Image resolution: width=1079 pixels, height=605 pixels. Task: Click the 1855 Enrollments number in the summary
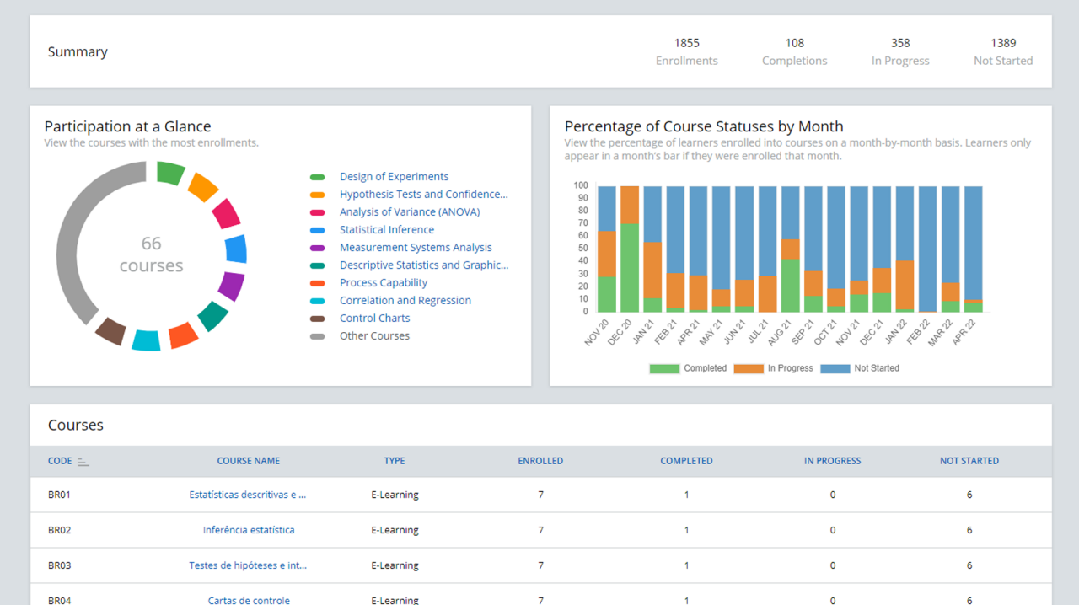(x=686, y=43)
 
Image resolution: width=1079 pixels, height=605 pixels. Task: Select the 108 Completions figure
(x=794, y=43)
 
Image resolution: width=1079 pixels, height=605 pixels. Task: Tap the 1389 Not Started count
(x=1002, y=43)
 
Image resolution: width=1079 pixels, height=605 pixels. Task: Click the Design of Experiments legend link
(x=394, y=177)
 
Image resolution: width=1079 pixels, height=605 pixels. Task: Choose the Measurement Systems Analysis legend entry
(x=416, y=248)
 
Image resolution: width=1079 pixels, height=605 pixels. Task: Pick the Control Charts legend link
(x=374, y=319)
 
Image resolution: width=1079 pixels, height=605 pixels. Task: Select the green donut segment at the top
(x=169, y=173)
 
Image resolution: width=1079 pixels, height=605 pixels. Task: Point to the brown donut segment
(x=110, y=330)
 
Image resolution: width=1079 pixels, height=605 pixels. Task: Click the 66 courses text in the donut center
(x=151, y=254)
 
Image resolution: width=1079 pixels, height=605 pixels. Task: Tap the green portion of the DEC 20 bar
(x=630, y=268)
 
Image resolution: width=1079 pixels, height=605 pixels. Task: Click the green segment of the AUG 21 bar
(x=790, y=286)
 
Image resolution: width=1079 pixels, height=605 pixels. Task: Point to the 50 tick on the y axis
(x=581, y=249)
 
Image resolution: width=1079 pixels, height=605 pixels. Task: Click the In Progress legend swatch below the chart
(x=748, y=368)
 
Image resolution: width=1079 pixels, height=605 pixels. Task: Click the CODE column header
(x=60, y=461)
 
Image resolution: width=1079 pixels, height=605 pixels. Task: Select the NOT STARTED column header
(x=969, y=461)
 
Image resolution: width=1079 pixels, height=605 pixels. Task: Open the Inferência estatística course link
(x=249, y=530)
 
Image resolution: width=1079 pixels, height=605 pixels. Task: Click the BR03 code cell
(x=59, y=565)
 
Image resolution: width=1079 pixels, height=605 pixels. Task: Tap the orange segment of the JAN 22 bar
(x=905, y=285)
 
